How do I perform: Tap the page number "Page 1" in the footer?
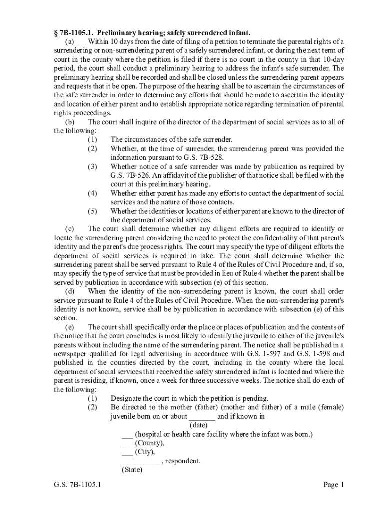pyautogui.click(x=334, y=484)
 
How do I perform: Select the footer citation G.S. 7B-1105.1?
pyautogui.click(x=75, y=484)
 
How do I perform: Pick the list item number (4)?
pyautogui.click(x=92, y=193)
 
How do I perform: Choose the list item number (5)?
pyautogui.click(x=92, y=211)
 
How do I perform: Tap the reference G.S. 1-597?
pyautogui.click(x=260, y=354)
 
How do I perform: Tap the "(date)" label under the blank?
pyautogui.click(x=199, y=425)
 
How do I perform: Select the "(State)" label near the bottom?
pyautogui.click(x=132, y=470)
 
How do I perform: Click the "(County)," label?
pyautogui.click(x=150, y=443)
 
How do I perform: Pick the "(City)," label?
pyautogui.click(x=145, y=452)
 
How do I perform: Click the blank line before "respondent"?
pyautogui.click(x=140, y=462)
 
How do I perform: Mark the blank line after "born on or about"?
pyautogui.click(x=202, y=417)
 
